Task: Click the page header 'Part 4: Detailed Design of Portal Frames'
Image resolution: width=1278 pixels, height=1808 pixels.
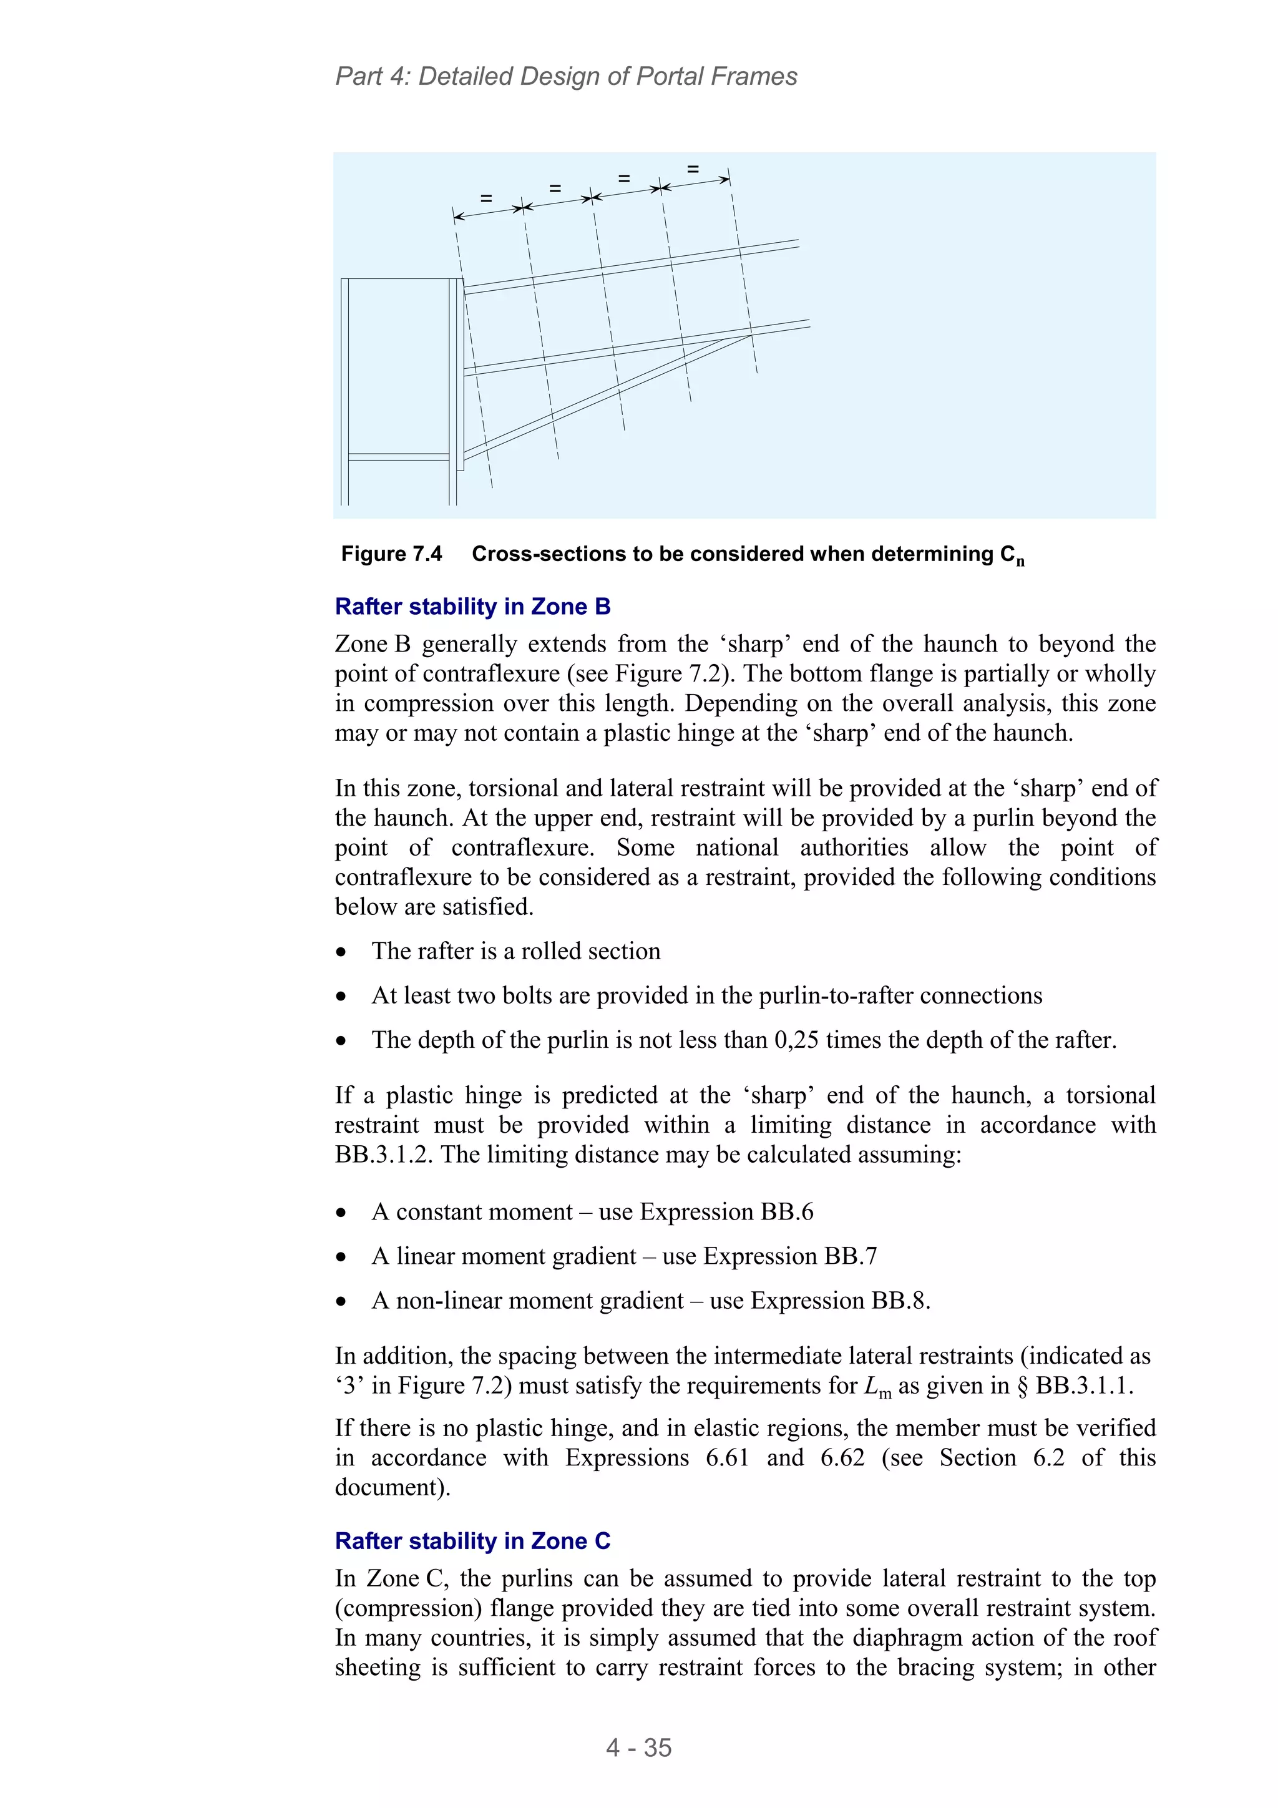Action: click(565, 76)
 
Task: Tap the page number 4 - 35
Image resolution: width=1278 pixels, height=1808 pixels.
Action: click(638, 1747)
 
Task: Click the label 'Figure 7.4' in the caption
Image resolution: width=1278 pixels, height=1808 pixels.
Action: click(391, 554)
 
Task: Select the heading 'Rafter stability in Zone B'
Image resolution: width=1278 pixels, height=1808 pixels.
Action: click(472, 607)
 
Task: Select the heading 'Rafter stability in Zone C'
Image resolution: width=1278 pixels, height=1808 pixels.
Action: click(472, 1540)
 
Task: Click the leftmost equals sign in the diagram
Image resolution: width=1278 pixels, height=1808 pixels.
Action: click(486, 198)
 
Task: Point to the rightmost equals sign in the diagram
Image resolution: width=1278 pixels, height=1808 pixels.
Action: click(693, 169)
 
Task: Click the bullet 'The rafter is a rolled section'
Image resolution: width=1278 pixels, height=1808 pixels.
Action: click(516, 950)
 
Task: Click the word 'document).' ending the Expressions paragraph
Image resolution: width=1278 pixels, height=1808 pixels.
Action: click(392, 1487)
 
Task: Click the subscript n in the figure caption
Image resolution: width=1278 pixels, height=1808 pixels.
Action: click(1020, 562)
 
